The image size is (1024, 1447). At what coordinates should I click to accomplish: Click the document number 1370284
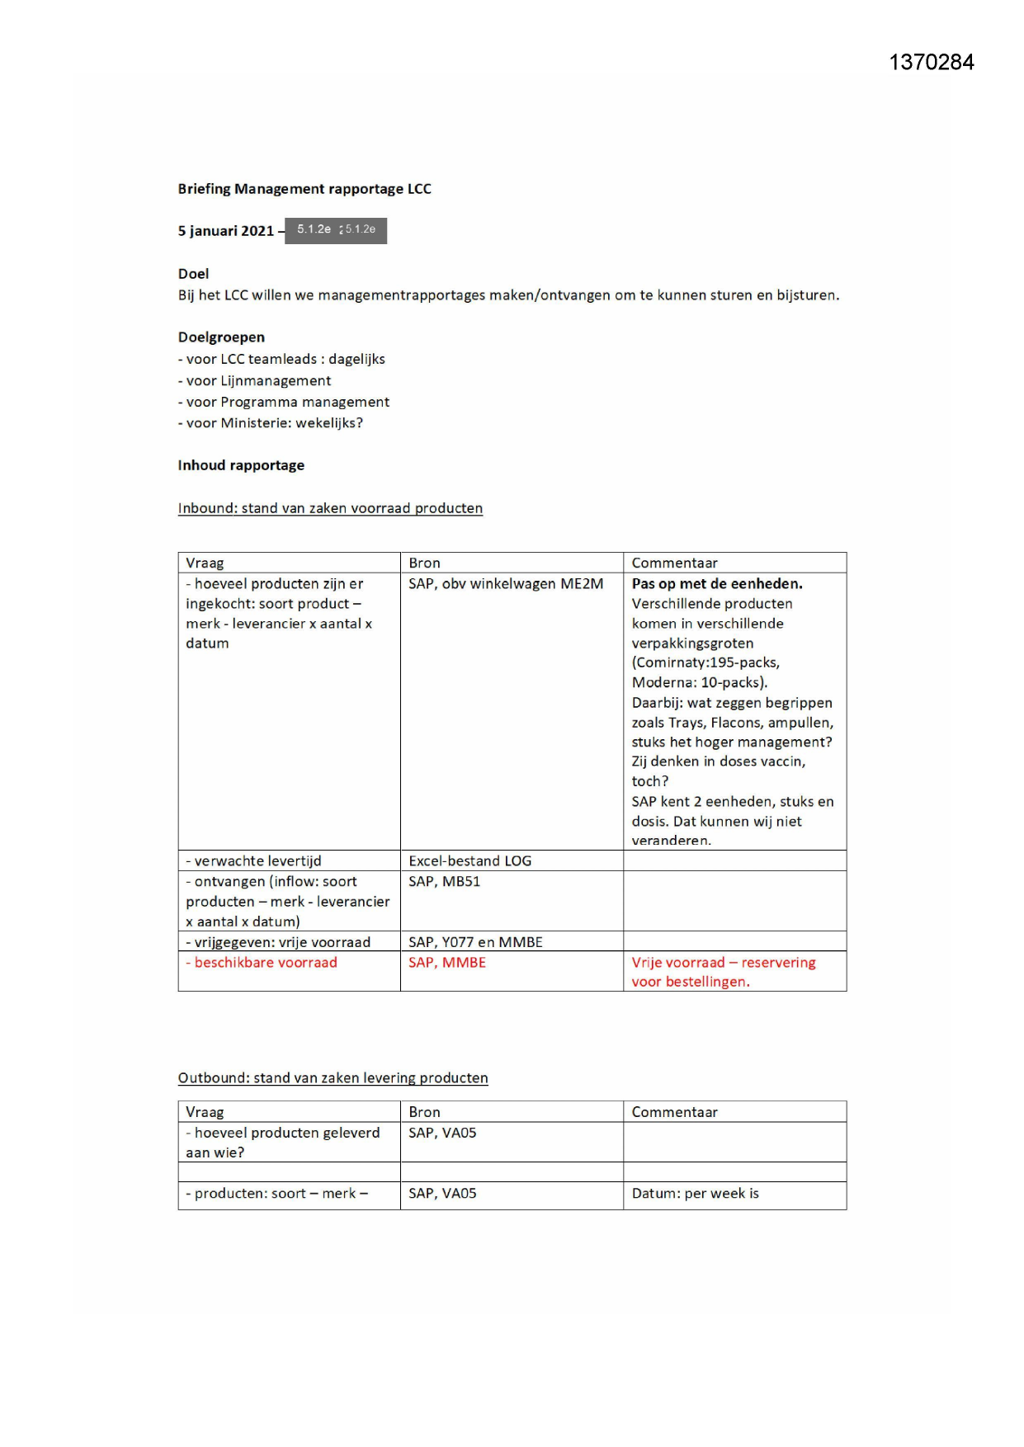(931, 63)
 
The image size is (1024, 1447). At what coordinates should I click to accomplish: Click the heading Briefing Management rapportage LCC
(304, 189)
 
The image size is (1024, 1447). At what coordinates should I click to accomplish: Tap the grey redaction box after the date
(336, 230)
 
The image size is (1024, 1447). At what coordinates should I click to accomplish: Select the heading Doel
(193, 274)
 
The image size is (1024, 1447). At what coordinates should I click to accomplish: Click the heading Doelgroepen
(221, 337)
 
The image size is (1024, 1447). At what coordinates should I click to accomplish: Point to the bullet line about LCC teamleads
(281, 359)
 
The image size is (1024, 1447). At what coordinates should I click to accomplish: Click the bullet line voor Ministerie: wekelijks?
(271, 423)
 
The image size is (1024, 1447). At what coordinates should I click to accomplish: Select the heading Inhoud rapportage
(241, 465)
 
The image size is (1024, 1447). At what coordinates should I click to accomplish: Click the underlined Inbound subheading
(330, 508)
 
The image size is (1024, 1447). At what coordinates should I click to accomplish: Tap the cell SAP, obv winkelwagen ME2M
(506, 584)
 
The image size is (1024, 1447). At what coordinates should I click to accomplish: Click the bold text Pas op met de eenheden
(716, 584)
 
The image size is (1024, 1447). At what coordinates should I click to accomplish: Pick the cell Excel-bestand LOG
(470, 861)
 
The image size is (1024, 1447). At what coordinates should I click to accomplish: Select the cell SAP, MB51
(444, 882)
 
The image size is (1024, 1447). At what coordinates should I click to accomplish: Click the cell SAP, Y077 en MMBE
(475, 942)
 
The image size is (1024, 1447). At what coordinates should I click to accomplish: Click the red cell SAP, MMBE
(446, 963)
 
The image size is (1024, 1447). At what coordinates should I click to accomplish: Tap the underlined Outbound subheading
(333, 1078)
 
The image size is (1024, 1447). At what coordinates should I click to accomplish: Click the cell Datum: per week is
(695, 1194)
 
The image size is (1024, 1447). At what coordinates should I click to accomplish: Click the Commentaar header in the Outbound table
(674, 1112)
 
